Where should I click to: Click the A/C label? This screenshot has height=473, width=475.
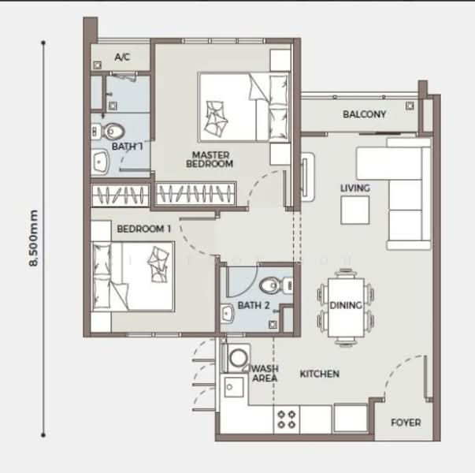(122, 57)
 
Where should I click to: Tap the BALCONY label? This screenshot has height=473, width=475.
(365, 114)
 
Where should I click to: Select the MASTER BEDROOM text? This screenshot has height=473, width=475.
(210, 159)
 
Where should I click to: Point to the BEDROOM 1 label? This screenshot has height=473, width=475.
(144, 229)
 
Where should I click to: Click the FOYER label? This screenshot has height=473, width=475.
(406, 423)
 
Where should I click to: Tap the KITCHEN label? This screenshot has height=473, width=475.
(320, 374)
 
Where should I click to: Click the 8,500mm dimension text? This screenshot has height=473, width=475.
(33, 238)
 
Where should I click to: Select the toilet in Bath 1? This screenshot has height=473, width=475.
(108, 132)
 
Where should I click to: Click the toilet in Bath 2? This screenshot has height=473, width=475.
(276, 285)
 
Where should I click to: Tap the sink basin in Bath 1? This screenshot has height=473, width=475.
(100, 162)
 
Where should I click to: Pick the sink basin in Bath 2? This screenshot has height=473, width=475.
(227, 314)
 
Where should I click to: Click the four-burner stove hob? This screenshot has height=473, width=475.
(287, 419)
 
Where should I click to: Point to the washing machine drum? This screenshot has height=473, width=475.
(239, 358)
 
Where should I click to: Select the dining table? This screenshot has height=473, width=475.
(346, 307)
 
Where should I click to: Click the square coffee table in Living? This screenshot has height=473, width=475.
(355, 210)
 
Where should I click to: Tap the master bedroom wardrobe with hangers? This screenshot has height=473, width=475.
(196, 194)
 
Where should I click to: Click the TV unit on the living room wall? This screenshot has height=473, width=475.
(307, 177)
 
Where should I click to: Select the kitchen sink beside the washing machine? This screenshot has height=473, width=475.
(234, 387)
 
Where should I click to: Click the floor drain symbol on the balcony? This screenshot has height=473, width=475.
(410, 106)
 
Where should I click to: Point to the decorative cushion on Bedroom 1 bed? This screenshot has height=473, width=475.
(158, 264)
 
